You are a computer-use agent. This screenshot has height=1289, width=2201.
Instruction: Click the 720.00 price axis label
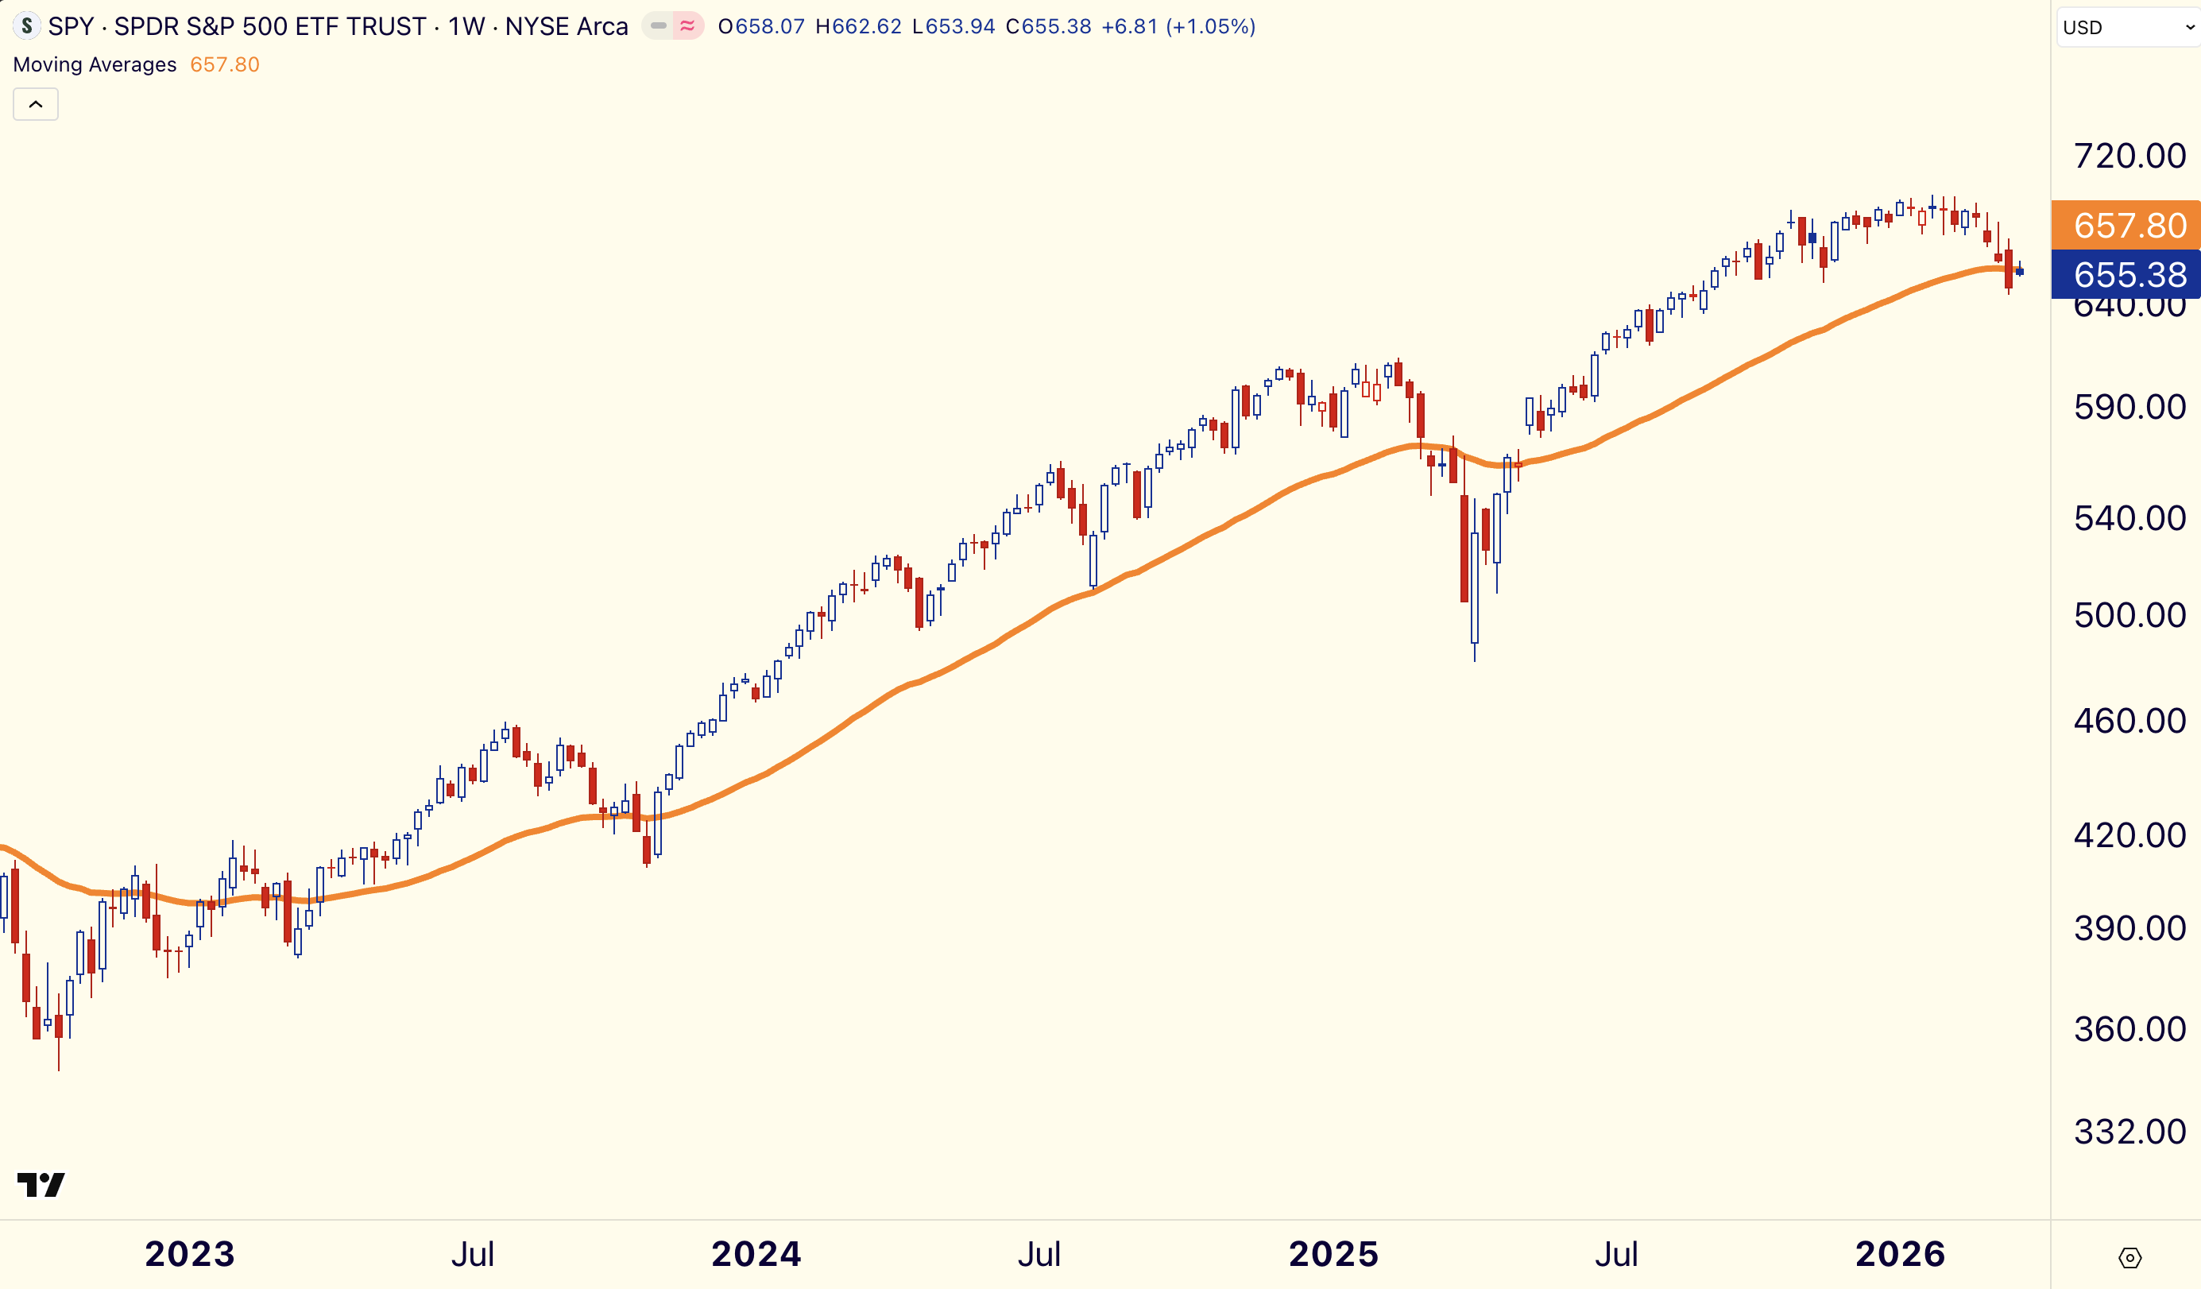2129,157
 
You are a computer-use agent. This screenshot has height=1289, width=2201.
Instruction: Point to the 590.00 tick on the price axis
2129,407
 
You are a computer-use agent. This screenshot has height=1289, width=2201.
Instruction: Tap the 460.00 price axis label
2129,721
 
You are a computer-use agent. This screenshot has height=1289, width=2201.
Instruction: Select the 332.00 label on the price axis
2129,1132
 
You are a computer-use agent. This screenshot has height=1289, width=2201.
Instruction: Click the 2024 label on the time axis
756,1254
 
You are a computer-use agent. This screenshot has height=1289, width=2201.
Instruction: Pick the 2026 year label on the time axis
1900,1254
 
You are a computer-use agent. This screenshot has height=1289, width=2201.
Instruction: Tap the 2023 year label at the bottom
190,1254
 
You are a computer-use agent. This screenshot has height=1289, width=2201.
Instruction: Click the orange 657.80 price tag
2128,226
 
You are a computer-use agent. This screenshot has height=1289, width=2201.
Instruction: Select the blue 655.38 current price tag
2128,274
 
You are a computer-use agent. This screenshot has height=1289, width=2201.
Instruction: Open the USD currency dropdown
2128,27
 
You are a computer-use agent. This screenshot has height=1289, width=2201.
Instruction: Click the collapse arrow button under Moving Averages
36,105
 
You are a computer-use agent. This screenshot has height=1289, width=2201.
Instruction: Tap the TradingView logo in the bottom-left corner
41,1185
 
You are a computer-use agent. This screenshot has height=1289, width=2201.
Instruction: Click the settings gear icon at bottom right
2129,1257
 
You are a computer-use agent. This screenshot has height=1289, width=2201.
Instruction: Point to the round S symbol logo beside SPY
27,26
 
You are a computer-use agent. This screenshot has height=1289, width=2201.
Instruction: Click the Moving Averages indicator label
95,64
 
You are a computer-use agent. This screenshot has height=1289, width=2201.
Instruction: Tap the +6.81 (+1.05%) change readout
1178,26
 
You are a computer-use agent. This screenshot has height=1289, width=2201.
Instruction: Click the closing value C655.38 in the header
1048,26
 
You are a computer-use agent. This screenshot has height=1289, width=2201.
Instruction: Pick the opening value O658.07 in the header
760,26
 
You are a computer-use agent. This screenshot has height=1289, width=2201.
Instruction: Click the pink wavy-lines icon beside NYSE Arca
688,26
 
